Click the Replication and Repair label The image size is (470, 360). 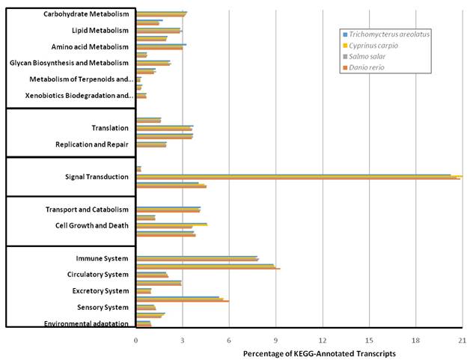[92, 144]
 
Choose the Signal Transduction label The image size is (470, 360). [97, 177]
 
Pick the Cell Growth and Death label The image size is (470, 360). [92, 225]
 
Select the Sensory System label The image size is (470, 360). [103, 308]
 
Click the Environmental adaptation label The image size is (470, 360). [87, 323]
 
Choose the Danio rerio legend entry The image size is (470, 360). [372, 68]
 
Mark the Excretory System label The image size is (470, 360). [100, 291]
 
